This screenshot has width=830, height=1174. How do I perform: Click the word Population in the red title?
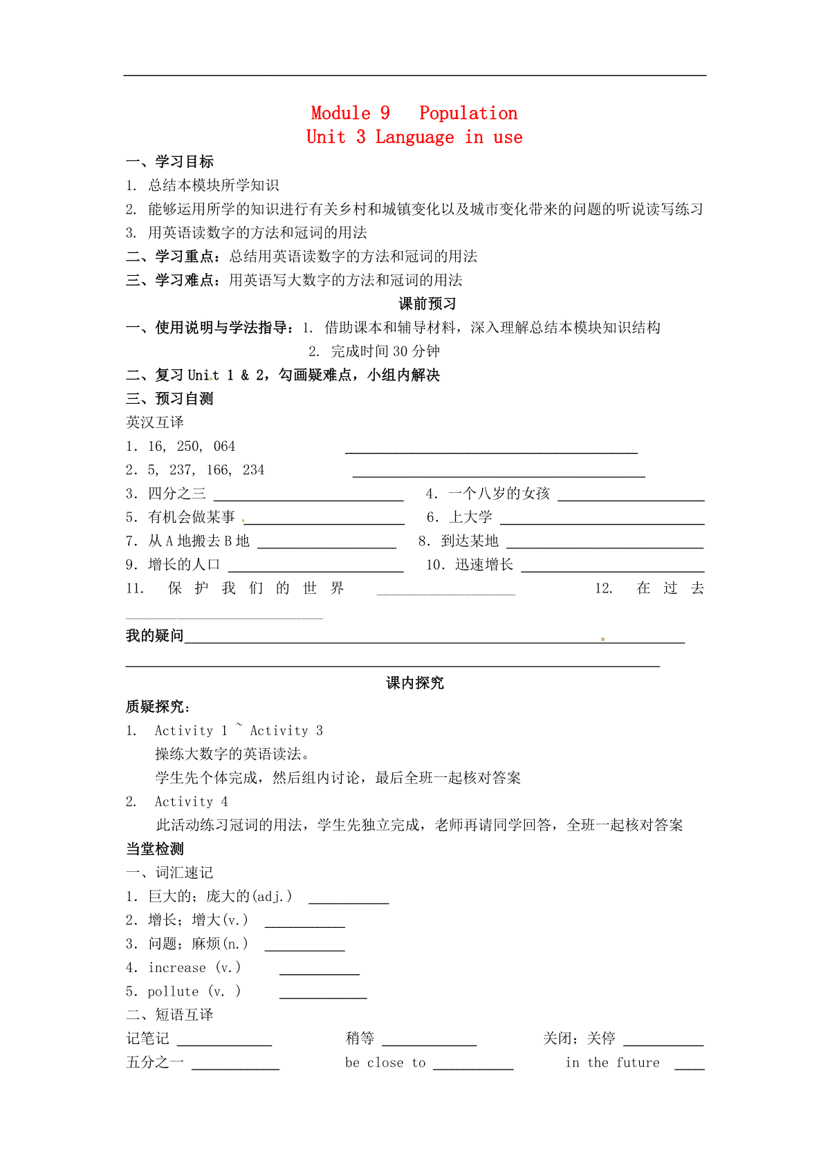point(468,113)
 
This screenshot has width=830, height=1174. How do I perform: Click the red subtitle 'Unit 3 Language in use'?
point(414,137)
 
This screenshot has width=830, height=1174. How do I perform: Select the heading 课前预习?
point(427,304)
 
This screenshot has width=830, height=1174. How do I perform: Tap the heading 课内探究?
point(415,683)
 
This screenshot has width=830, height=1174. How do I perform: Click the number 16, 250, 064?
point(192,447)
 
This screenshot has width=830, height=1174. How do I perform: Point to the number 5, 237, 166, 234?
point(206,470)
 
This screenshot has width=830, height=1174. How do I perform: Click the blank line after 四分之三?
point(308,498)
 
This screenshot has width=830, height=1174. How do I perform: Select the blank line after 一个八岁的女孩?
point(631,498)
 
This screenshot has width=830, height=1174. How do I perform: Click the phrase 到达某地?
point(470,541)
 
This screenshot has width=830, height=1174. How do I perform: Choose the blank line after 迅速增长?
point(613,570)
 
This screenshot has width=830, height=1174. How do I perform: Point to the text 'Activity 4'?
point(191,802)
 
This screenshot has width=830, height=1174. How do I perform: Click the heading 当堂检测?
point(155,849)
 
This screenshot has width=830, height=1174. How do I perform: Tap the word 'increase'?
point(177,968)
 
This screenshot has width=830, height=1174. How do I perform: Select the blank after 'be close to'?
point(473,1068)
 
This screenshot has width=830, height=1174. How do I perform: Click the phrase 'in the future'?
point(612,1063)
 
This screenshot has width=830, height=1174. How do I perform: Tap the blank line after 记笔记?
point(225,1044)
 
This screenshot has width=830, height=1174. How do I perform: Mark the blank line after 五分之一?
point(235,1068)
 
